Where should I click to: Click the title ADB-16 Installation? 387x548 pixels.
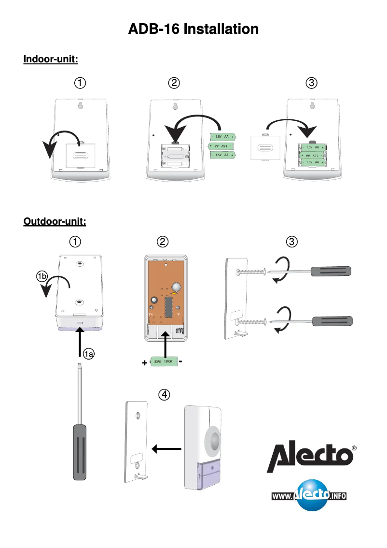[193, 29]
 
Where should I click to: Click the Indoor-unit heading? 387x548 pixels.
[51, 59]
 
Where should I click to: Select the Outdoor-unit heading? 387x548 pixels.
[55, 222]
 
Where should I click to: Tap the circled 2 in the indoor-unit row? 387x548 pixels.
[174, 83]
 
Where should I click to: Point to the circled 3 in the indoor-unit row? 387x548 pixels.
[312, 83]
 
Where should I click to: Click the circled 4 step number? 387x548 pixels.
[165, 395]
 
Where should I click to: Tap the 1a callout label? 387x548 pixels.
[88, 355]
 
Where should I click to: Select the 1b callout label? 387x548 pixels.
[42, 277]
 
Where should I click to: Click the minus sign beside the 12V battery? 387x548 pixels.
[180, 361]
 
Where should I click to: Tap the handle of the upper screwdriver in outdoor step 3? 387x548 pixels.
[331, 271]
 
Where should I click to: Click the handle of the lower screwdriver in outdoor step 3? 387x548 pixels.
[332, 321]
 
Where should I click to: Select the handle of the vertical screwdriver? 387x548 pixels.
[80, 452]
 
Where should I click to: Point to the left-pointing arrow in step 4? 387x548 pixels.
[166, 449]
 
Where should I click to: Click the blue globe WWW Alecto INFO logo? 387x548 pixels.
[309, 495]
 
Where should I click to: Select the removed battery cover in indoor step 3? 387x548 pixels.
[265, 147]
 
